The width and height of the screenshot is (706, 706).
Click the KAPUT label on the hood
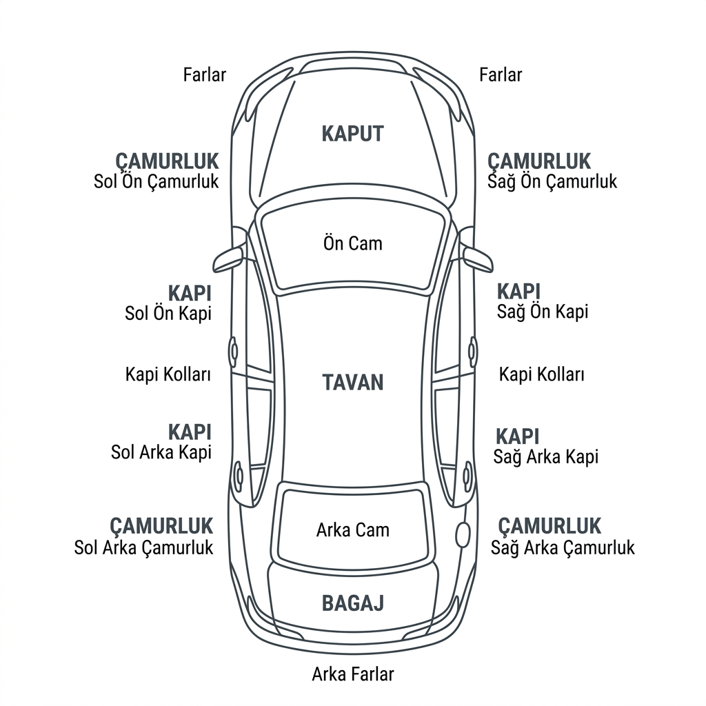(352, 134)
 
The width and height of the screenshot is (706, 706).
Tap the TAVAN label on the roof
(352, 382)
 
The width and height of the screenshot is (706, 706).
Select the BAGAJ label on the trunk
(353, 603)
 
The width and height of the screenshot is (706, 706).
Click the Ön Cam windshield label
(352, 243)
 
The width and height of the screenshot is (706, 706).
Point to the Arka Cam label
(353, 530)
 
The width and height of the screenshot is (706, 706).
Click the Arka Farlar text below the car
(353, 674)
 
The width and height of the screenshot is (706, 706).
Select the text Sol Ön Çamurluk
(157, 181)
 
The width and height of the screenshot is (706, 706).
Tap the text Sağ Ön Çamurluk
(552, 181)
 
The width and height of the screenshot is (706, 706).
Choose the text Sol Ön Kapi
(168, 314)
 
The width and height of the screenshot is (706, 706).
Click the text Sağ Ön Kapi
(543, 312)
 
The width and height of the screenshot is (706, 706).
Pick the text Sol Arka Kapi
(161, 452)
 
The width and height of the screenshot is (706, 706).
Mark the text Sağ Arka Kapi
(546, 456)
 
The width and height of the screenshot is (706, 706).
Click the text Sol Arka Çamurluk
(143, 547)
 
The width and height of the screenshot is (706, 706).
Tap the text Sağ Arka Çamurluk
(563, 547)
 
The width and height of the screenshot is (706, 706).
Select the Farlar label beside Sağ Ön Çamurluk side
(501, 74)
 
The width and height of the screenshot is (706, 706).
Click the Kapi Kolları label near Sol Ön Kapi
(168, 374)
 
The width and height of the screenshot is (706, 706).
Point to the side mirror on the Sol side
(229, 260)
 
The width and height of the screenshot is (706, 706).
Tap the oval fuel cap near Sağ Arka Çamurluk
(463, 535)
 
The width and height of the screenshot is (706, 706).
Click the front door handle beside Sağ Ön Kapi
(472, 351)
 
